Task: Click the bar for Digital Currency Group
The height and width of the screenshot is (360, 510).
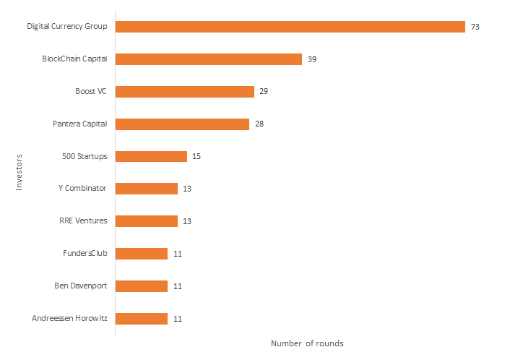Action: click(290, 27)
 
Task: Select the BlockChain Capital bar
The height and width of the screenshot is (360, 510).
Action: click(208, 59)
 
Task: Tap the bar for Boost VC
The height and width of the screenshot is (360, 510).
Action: click(184, 92)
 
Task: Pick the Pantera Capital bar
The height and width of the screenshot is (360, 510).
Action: click(182, 124)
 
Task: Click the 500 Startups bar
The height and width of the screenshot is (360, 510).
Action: click(151, 156)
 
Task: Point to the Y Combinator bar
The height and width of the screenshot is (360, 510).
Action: click(146, 189)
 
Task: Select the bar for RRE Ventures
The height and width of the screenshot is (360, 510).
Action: click(146, 221)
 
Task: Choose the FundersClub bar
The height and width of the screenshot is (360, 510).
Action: click(141, 254)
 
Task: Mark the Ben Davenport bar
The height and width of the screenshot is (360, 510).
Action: click(141, 286)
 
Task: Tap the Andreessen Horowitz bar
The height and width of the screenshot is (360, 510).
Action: click(141, 319)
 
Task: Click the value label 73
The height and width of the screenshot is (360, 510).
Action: click(475, 27)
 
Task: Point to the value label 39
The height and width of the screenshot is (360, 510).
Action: click(312, 59)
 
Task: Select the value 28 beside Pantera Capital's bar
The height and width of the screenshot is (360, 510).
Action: click(259, 124)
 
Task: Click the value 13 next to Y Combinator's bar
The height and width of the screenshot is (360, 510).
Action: click(187, 189)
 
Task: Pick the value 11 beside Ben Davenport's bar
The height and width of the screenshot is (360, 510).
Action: click(177, 286)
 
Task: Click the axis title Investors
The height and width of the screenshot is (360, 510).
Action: click(20, 172)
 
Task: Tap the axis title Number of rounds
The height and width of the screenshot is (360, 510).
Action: click(307, 343)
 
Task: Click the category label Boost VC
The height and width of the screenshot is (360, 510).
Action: click(91, 92)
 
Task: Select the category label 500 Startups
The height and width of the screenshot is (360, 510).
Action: click(85, 156)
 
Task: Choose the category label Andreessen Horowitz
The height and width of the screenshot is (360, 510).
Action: click(70, 319)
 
